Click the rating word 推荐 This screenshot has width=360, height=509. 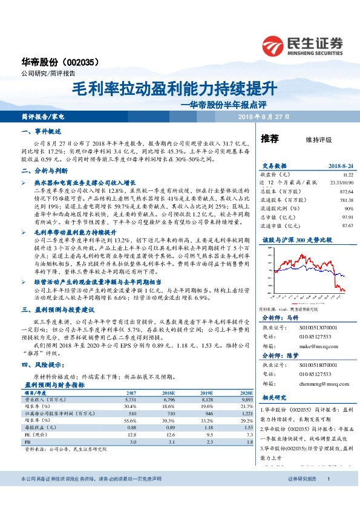(270, 138)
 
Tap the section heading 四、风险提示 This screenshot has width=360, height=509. (43, 365)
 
